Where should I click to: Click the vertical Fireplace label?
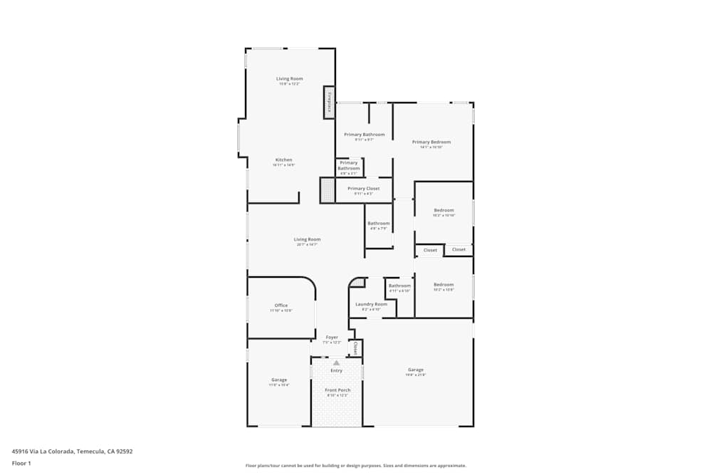tap(329, 102)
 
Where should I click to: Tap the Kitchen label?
tap(284, 160)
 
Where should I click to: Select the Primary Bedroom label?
tap(431, 142)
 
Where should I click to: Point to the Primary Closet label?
tap(363, 189)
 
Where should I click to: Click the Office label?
tap(281, 306)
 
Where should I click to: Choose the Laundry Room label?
tap(371, 304)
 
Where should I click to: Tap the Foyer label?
tap(332, 337)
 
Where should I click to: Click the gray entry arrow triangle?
tap(336, 362)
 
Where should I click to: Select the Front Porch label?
tap(337, 390)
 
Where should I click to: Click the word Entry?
tap(336, 370)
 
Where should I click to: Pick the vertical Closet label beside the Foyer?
tap(355, 348)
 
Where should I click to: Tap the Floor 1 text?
tap(21, 463)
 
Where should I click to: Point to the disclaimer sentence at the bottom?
tap(356, 465)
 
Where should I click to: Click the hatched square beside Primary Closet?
tap(327, 190)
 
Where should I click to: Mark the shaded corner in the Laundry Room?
tap(357, 283)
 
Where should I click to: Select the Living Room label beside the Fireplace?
tap(290, 78)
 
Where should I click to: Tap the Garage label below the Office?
tap(279, 380)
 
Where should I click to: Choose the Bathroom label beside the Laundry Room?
tap(399, 286)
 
